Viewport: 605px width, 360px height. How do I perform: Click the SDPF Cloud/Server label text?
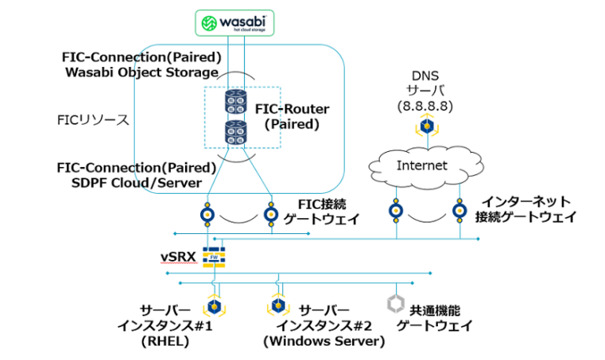(x=137, y=182)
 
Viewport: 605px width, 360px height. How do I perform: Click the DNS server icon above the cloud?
(x=427, y=124)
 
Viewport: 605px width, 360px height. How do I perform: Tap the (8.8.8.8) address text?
(x=426, y=105)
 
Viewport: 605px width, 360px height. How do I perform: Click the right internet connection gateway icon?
(x=459, y=211)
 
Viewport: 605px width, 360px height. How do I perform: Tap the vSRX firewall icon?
(x=213, y=255)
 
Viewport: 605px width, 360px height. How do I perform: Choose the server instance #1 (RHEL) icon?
(x=213, y=305)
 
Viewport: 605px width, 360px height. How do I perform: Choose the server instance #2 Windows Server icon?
(x=277, y=305)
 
